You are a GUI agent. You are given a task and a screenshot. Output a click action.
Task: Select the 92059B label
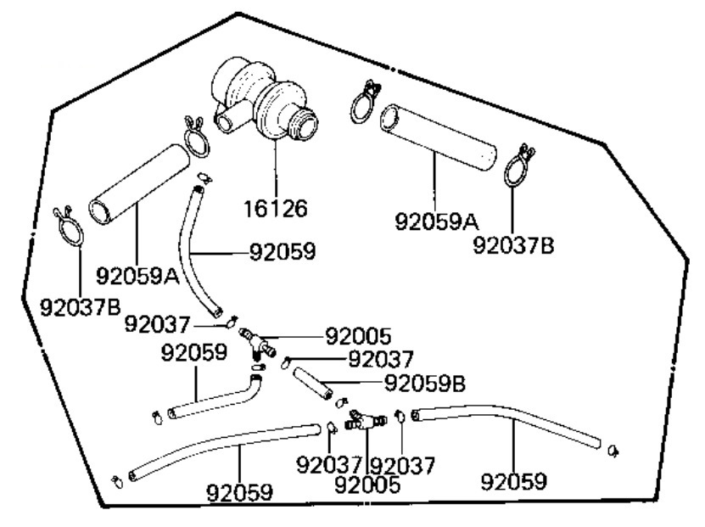pyautogui.click(x=425, y=384)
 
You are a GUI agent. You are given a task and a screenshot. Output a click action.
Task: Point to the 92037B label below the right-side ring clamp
pyautogui.click(x=513, y=244)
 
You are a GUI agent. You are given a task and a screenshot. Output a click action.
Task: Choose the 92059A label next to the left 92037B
pyautogui.click(x=137, y=276)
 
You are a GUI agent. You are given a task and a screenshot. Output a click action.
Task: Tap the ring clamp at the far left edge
pyautogui.click(x=70, y=225)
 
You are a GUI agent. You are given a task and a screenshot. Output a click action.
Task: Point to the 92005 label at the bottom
pyautogui.click(x=368, y=485)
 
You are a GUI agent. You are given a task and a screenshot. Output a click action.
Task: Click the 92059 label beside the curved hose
pyautogui.click(x=283, y=252)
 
